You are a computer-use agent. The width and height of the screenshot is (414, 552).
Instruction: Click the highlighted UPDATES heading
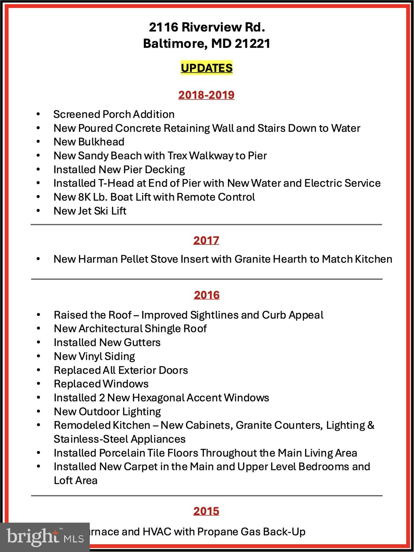pyautogui.click(x=206, y=68)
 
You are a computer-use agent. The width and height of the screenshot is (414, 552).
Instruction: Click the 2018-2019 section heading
pyautogui.click(x=206, y=95)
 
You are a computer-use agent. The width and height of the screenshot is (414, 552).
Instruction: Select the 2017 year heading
pyautogui.click(x=206, y=240)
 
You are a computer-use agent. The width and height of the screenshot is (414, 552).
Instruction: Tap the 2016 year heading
pyautogui.click(x=206, y=295)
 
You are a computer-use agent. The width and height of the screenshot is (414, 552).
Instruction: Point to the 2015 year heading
pyautogui.click(x=206, y=511)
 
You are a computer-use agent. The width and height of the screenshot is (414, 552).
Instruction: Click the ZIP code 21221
pyautogui.click(x=252, y=43)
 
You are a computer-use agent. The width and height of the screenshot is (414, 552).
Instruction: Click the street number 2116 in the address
pyautogui.click(x=163, y=27)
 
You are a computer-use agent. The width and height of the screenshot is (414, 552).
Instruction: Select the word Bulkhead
pyautogui.click(x=101, y=142)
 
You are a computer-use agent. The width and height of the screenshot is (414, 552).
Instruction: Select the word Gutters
pyautogui.click(x=142, y=342)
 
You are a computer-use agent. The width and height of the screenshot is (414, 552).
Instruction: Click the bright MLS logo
pyautogui.click(x=45, y=537)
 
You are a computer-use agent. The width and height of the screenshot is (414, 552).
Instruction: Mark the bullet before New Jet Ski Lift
pyautogui.click(x=38, y=211)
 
